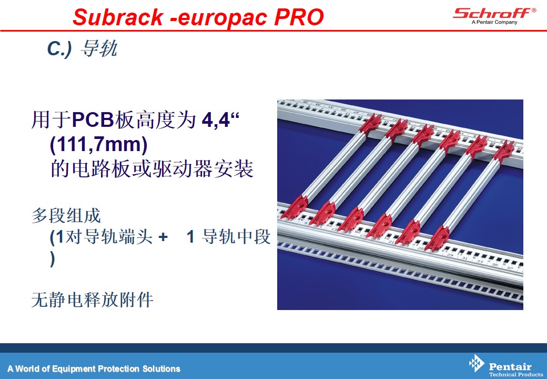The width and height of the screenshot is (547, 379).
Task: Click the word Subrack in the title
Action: pyautogui.click(x=118, y=17)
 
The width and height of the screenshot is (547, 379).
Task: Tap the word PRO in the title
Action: pyautogui.click(x=299, y=17)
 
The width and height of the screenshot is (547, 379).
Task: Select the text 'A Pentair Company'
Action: pyautogui.click(x=494, y=22)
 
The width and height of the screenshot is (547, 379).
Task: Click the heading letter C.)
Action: pyautogui.click(x=59, y=49)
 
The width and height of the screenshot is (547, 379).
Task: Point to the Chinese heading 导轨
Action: pyautogui.click(x=99, y=48)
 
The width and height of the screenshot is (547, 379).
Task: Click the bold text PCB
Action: pyautogui.click(x=93, y=119)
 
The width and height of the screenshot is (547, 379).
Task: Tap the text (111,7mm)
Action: pyautogui.click(x=99, y=144)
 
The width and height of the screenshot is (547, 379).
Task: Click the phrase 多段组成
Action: pyautogui.click(x=66, y=215)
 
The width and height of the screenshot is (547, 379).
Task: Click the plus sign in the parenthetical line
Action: pyautogui.click(x=163, y=237)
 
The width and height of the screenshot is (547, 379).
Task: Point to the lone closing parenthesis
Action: pyautogui.click(x=53, y=259)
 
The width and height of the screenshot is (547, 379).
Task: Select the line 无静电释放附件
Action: pyautogui.click(x=93, y=300)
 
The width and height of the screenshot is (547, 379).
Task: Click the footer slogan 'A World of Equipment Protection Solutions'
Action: pyautogui.click(x=94, y=368)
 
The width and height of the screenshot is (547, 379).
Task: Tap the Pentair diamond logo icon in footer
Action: pyautogui.click(x=477, y=363)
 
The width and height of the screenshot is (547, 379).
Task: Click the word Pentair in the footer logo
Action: pyautogui.click(x=510, y=366)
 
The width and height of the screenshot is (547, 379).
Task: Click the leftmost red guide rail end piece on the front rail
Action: pyautogui.click(x=295, y=207)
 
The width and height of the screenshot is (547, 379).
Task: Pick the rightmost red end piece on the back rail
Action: pyautogui.click(x=504, y=151)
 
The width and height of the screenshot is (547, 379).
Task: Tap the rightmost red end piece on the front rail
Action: pyautogui.click(x=438, y=238)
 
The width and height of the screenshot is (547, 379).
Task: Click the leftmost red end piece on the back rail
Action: pyautogui.click(x=370, y=124)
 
